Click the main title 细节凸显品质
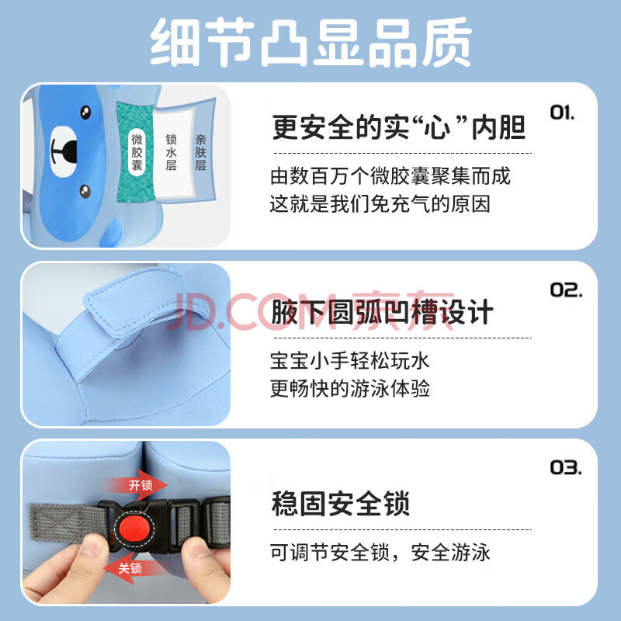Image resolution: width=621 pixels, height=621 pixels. pos(311,43)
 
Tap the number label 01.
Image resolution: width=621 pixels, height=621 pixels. pos(562,113)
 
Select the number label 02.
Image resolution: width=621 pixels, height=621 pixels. pos(566,290)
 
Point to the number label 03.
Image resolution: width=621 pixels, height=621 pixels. pos(566,468)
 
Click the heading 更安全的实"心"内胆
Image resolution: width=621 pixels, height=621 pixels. pos(399,127)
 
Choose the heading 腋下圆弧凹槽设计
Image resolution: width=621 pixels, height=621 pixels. pos(382,313)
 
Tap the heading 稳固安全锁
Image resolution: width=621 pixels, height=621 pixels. pos(341,504)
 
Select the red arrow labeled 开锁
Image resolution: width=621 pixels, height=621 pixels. pos(135,484)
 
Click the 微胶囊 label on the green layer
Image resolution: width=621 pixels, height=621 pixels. pos(137,152)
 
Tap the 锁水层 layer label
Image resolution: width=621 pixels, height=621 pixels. pos(171,152)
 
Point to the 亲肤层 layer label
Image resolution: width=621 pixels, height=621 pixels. pos(200,152)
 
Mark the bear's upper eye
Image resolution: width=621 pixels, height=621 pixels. pos(85,113)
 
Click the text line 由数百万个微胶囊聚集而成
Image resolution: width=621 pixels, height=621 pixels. pos(390,176)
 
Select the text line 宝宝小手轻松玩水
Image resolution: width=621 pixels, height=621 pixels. pos(350,361)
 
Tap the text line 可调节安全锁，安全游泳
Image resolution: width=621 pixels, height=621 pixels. pos(380,553)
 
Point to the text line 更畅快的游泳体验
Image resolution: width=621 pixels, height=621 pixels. pos(350,389)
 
